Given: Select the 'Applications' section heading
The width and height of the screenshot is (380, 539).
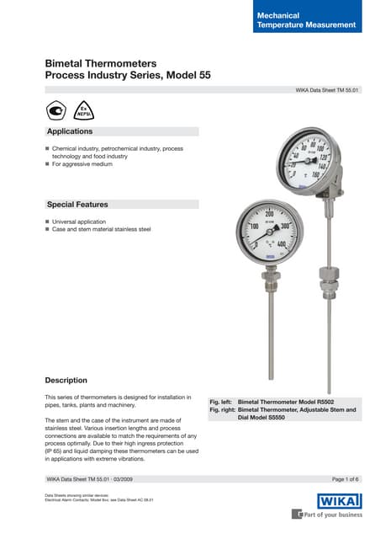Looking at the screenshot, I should [70, 132].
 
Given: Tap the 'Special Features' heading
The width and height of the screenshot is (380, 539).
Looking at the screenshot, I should [77, 205].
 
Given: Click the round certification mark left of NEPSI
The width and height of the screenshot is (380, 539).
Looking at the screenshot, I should [56, 111].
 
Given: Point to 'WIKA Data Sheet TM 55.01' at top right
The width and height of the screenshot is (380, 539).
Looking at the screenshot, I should [327, 88].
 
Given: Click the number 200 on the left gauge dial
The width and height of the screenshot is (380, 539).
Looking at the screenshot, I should [271, 216].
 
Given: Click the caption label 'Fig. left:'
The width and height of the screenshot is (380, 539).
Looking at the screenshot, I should [221, 403].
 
